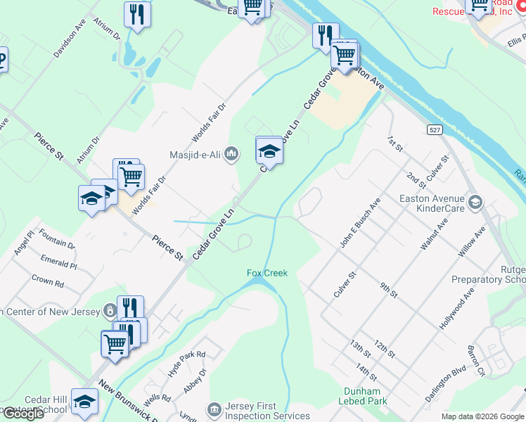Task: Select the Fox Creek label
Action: point(267,273)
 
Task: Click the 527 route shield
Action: point(434,130)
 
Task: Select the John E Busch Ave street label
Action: point(360,222)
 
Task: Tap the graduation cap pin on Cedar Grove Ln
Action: point(269,151)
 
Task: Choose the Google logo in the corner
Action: point(23,414)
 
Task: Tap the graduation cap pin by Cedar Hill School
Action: point(85,402)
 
